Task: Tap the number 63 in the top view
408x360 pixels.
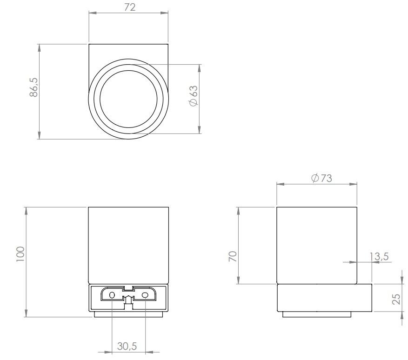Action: point(194,90)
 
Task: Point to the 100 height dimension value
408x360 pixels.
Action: point(20,255)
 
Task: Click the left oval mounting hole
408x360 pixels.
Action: point(112,295)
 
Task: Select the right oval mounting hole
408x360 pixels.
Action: point(145,295)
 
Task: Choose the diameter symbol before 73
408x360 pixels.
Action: point(315,179)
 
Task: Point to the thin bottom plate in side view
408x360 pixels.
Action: point(317,314)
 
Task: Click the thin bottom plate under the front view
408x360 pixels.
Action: point(129,314)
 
